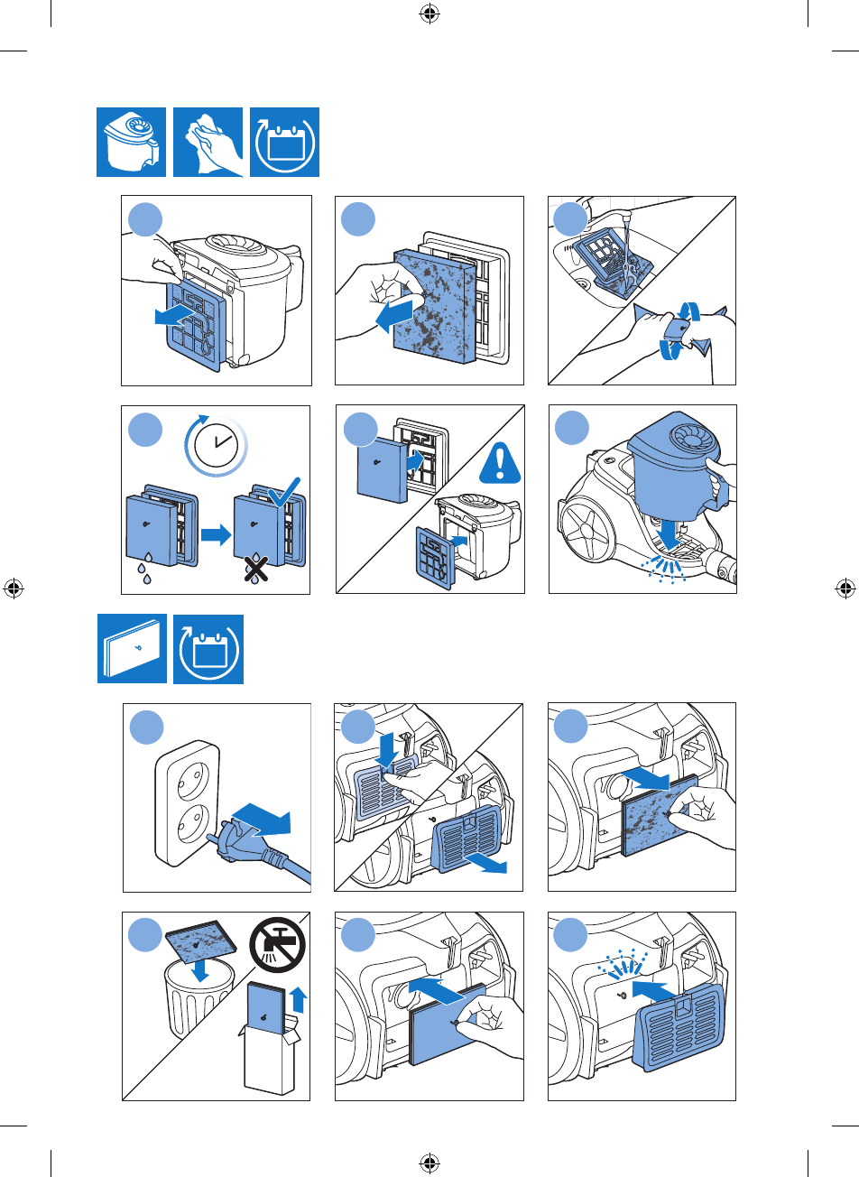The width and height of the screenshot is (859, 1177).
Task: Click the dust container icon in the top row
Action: pos(131,143)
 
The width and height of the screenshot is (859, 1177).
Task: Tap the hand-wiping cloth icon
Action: pos(208,143)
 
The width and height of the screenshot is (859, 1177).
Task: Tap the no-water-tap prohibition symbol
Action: pos(278,945)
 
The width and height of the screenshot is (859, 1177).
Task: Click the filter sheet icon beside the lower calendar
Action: pos(132,649)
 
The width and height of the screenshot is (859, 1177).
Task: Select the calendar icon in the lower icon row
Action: pos(208,649)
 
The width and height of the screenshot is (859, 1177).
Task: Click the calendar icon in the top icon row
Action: pos(283,143)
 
